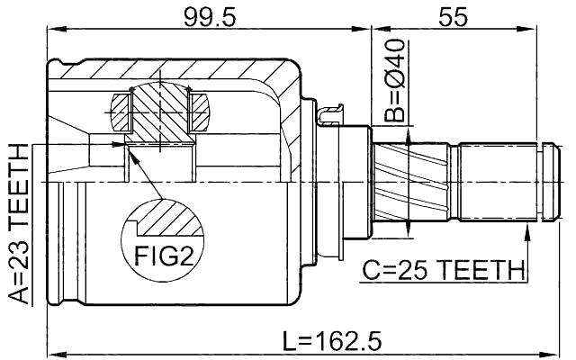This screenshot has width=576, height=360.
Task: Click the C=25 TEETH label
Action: [443, 269]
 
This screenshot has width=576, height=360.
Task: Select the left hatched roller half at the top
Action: [122, 112]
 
